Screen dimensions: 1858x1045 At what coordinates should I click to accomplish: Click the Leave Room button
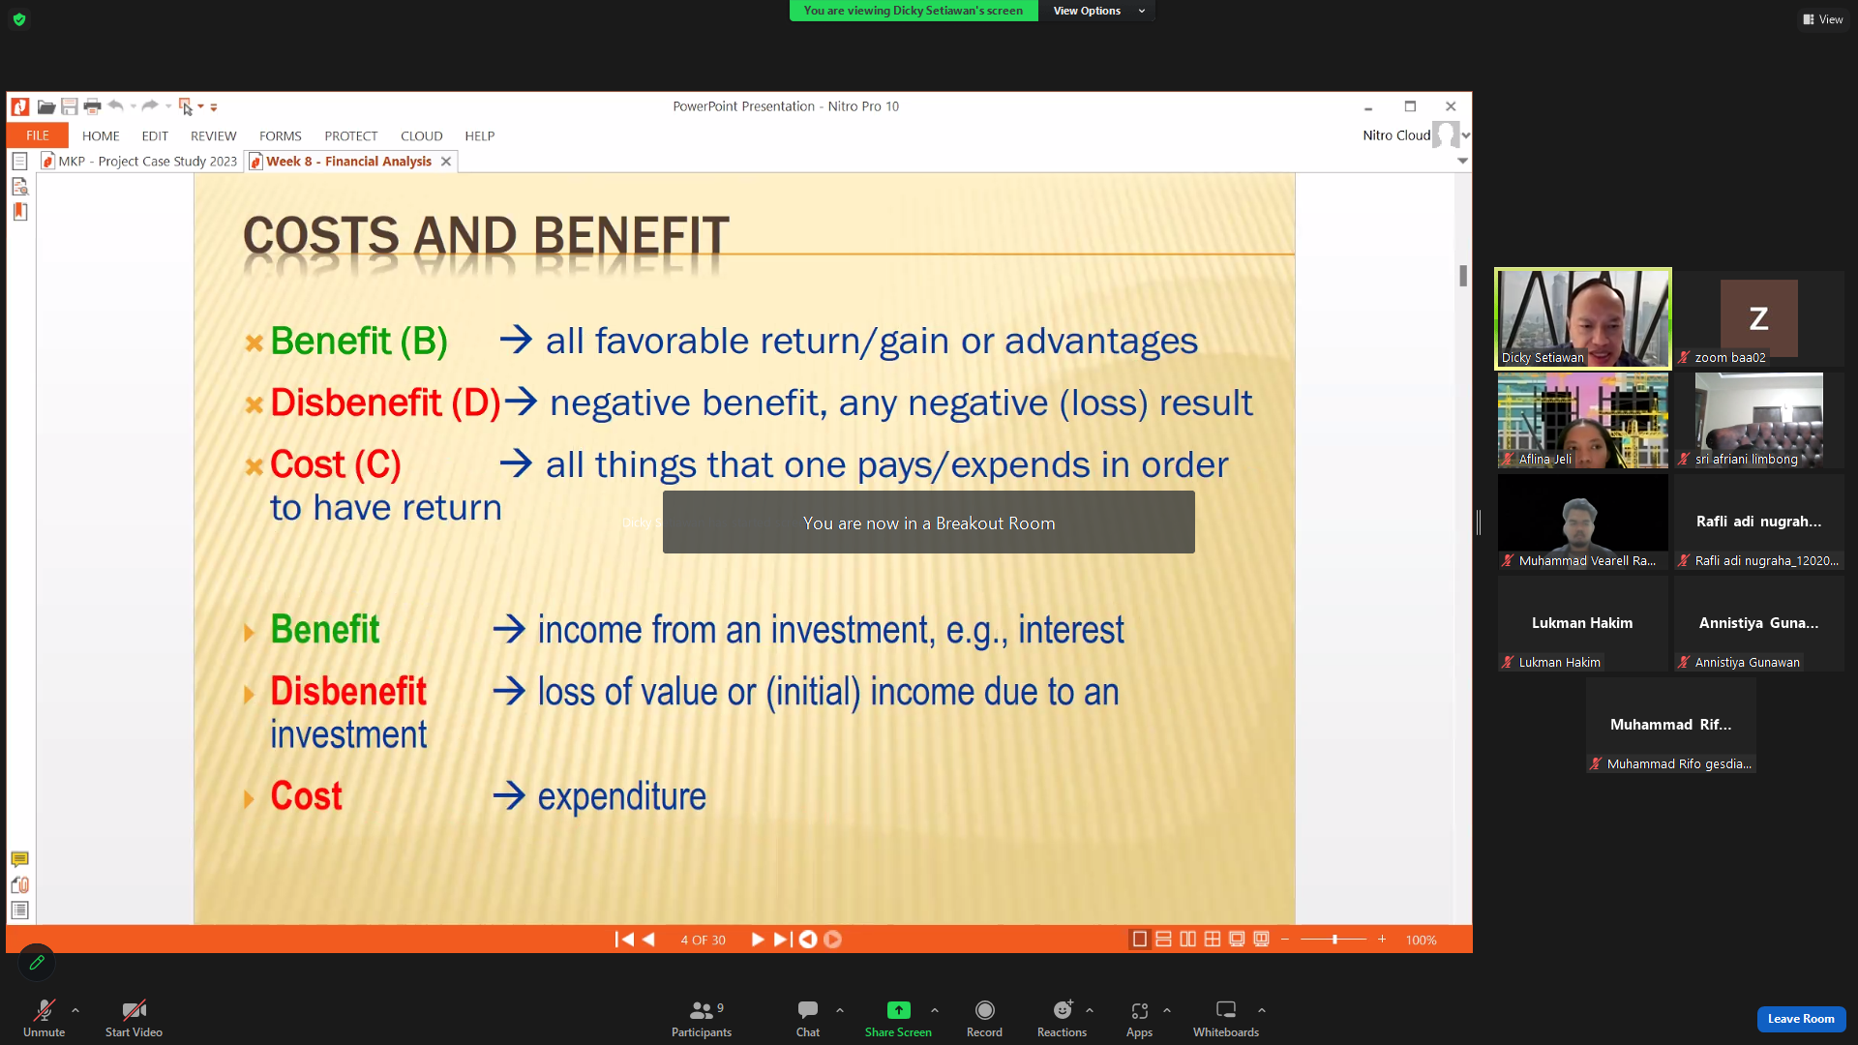tap(1801, 1019)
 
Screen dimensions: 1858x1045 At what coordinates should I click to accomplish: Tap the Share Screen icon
tap(898, 1010)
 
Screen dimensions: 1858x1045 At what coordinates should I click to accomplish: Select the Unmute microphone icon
tap(45, 1010)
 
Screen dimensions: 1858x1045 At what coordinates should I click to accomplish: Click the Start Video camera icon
tap(134, 1010)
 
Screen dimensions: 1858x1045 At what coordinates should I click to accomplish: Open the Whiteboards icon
tap(1226, 1010)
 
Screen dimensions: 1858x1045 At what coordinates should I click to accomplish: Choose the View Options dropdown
tap(1097, 11)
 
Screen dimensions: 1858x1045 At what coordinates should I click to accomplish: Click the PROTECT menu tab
tap(350, 135)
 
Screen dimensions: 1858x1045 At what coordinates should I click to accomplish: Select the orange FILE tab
tap(38, 135)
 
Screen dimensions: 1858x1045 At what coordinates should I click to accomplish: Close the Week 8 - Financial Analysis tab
tap(446, 162)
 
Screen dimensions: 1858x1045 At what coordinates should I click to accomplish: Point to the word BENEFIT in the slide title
tap(631, 236)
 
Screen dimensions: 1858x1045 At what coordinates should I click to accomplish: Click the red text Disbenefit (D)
tap(385, 403)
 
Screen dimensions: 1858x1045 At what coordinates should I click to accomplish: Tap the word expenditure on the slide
tap(621, 797)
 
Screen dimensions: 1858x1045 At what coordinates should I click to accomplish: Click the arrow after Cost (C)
tap(516, 463)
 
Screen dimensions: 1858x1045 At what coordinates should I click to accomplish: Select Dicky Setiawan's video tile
tap(1583, 318)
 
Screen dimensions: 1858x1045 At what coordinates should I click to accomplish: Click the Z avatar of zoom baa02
tap(1758, 318)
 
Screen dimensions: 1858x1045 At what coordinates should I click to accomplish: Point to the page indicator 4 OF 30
tap(703, 940)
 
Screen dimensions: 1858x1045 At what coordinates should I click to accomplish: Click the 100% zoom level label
tap(1421, 940)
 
